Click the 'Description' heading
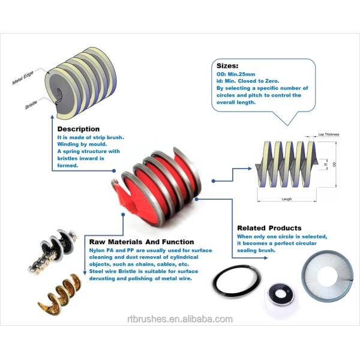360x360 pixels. (78, 129)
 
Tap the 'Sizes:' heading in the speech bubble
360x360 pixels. (227, 66)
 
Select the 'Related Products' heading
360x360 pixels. (269, 228)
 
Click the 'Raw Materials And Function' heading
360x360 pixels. (142, 242)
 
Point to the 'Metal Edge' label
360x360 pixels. (23, 77)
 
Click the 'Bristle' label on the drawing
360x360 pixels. (31, 104)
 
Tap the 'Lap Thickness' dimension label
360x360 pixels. (329, 134)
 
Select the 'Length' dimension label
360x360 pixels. (287, 199)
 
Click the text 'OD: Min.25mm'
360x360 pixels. (236, 74)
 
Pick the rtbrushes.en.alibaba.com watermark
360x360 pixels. (180, 319)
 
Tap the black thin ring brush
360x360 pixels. (236, 281)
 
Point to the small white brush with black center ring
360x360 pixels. (281, 298)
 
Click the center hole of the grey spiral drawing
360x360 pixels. (59, 93)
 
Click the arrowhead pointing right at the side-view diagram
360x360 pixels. (250, 169)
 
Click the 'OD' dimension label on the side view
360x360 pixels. (334, 164)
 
